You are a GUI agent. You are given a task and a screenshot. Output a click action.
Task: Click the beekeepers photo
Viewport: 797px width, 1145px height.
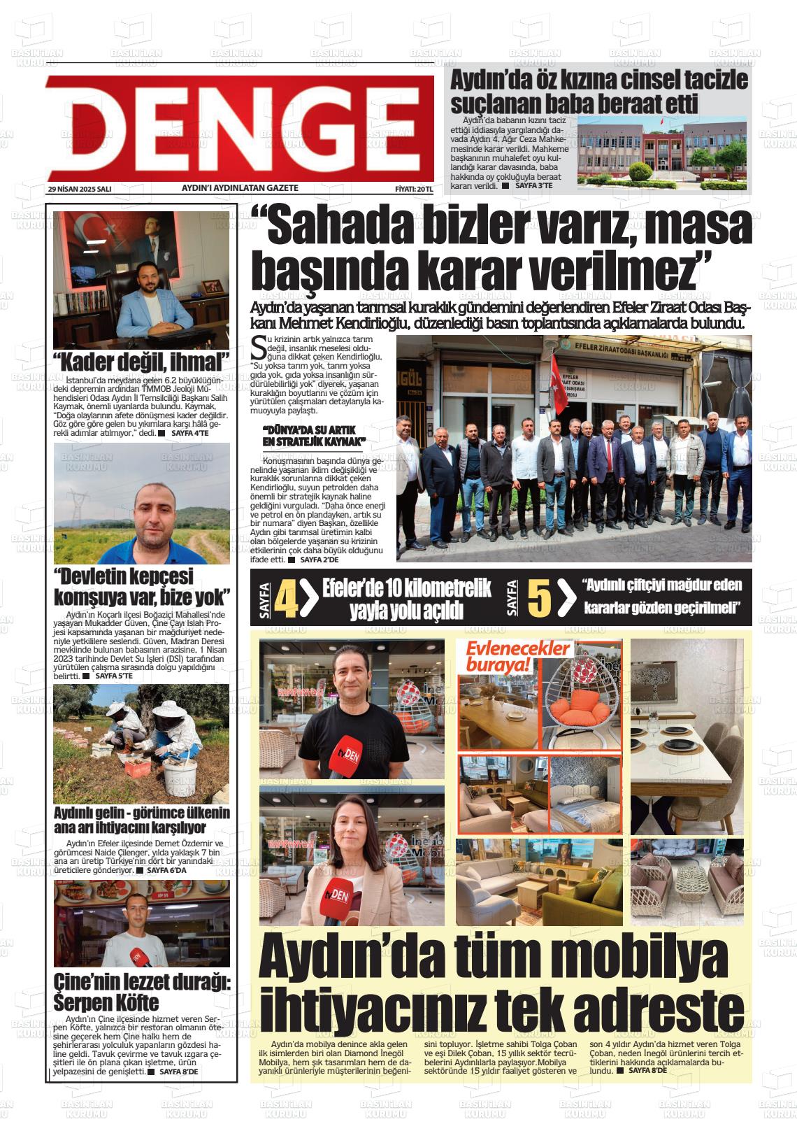coord(141,743)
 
